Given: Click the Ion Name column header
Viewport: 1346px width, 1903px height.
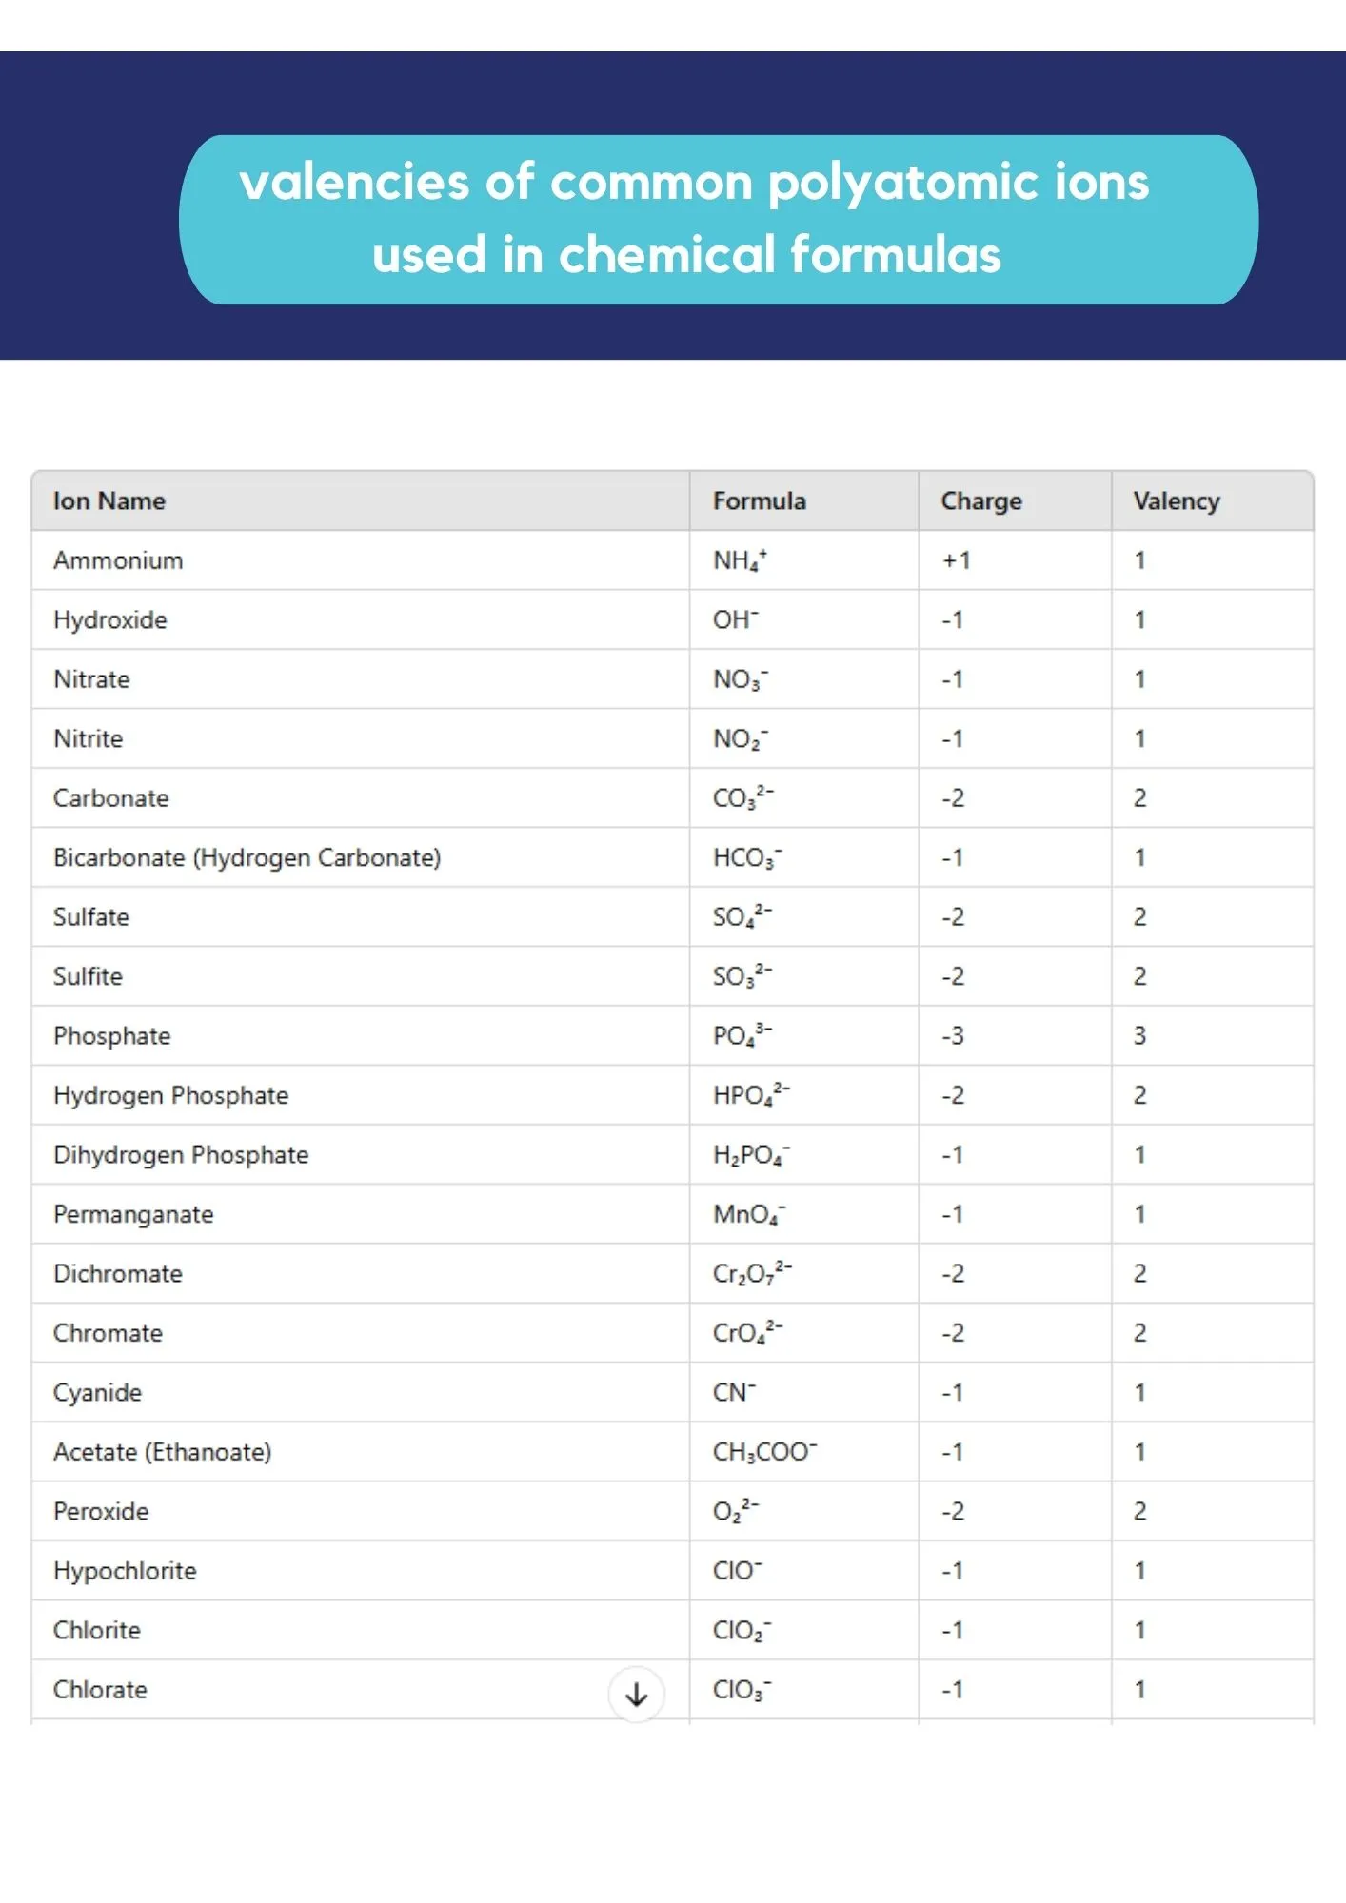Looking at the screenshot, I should tap(109, 501).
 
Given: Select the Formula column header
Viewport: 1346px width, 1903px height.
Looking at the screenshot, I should tap(759, 501).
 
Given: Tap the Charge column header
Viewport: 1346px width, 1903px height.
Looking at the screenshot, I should tap(980, 501).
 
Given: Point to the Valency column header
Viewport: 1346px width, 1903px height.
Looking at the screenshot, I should tap(1176, 501).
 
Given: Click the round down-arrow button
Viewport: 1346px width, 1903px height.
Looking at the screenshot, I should tap(636, 1694).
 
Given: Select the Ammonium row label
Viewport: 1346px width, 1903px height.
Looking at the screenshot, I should tap(118, 560).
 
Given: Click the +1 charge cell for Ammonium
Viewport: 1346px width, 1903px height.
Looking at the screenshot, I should tap(956, 560).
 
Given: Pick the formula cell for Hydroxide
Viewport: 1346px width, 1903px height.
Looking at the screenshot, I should tap(736, 620).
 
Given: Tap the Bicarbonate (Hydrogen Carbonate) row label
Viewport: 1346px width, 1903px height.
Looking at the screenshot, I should tap(247, 857).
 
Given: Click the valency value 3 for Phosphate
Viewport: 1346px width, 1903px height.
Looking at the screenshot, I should tap(1139, 1035).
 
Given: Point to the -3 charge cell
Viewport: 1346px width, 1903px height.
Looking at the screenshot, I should tap(953, 1035).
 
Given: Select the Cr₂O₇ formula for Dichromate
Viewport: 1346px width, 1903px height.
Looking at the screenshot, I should tap(751, 1273).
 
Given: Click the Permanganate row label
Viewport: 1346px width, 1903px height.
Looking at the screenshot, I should tap(133, 1214).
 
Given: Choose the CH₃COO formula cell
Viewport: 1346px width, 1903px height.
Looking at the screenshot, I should tap(764, 1452).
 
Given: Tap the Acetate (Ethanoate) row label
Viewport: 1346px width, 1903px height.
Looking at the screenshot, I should tap(162, 1452).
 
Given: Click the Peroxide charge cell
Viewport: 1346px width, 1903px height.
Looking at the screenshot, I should tap(953, 1511).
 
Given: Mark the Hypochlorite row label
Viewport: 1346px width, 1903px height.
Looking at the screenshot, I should tap(125, 1571).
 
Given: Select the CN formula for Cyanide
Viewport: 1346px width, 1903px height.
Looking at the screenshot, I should tap(734, 1393).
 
